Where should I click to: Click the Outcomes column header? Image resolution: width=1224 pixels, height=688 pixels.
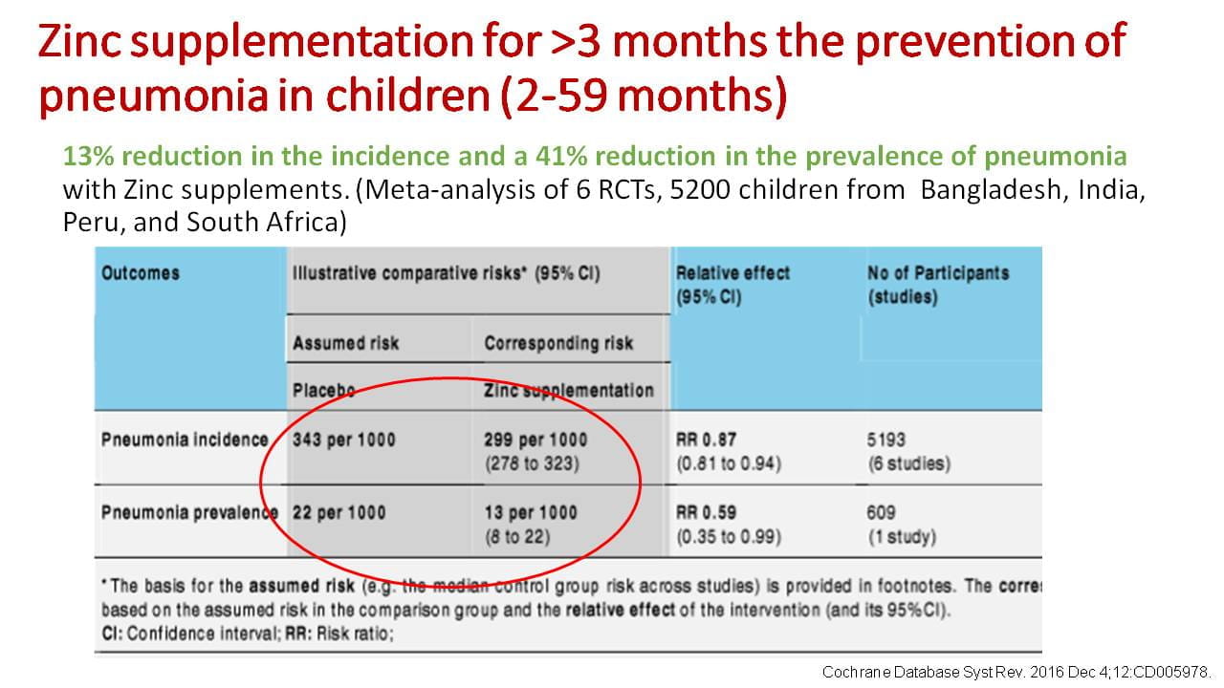click(141, 273)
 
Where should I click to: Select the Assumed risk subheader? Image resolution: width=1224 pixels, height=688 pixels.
click(346, 343)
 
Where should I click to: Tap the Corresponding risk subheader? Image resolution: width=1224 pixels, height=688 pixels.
click(558, 343)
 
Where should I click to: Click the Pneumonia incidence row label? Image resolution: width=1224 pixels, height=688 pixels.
click(185, 440)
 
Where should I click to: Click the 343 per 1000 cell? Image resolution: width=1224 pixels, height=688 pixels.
click(344, 441)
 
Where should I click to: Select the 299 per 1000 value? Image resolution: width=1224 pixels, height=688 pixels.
click(535, 441)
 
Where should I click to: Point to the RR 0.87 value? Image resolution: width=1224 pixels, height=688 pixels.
click(707, 441)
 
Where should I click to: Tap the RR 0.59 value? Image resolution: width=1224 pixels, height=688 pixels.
click(707, 513)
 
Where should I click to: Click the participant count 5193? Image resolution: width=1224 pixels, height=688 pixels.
click(886, 441)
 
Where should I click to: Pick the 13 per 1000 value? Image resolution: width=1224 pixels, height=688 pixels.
click(531, 513)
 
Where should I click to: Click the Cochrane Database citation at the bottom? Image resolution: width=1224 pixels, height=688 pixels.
click(1017, 672)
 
